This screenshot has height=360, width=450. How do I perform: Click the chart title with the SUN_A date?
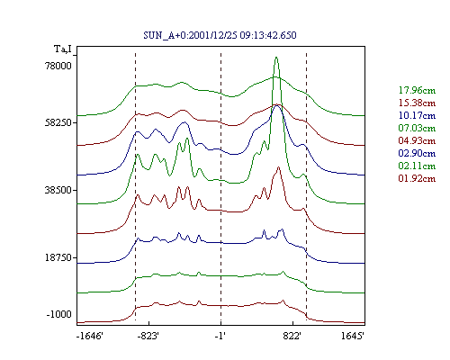tap(220, 35)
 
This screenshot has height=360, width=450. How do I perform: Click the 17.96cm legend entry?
tap(417, 90)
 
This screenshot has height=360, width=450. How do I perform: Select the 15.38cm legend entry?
tap(417, 103)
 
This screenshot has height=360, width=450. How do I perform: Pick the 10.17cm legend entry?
tap(417, 115)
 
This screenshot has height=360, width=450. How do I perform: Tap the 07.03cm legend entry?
tap(417, 128)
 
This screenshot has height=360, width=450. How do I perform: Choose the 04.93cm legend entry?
tap(417, 140)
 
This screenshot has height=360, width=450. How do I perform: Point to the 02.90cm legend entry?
tap(417, 153)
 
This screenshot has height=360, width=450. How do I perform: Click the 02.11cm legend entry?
tap(417, 166)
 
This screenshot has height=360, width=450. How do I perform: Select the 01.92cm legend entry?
tap(417, 178)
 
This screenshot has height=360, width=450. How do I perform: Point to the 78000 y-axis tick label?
tap(58, 66)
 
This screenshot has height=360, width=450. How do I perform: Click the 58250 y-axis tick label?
tap(58, 122)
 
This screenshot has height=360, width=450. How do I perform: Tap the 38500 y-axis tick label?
tap(58, 190)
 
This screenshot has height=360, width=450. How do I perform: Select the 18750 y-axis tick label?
tap(58, 257)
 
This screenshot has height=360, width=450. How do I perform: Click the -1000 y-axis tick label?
tap(59, 314)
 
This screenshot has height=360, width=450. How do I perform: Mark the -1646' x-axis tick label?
tap(90, 336)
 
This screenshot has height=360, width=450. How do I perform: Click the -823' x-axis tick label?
tap(148, 336)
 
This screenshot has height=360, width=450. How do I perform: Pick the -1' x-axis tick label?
tap(220, 336)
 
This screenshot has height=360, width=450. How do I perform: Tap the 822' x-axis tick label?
tap(292, 336)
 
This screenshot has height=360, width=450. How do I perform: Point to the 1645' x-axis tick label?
tap(353, 336)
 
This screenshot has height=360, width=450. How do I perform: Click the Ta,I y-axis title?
tap(63, 49)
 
